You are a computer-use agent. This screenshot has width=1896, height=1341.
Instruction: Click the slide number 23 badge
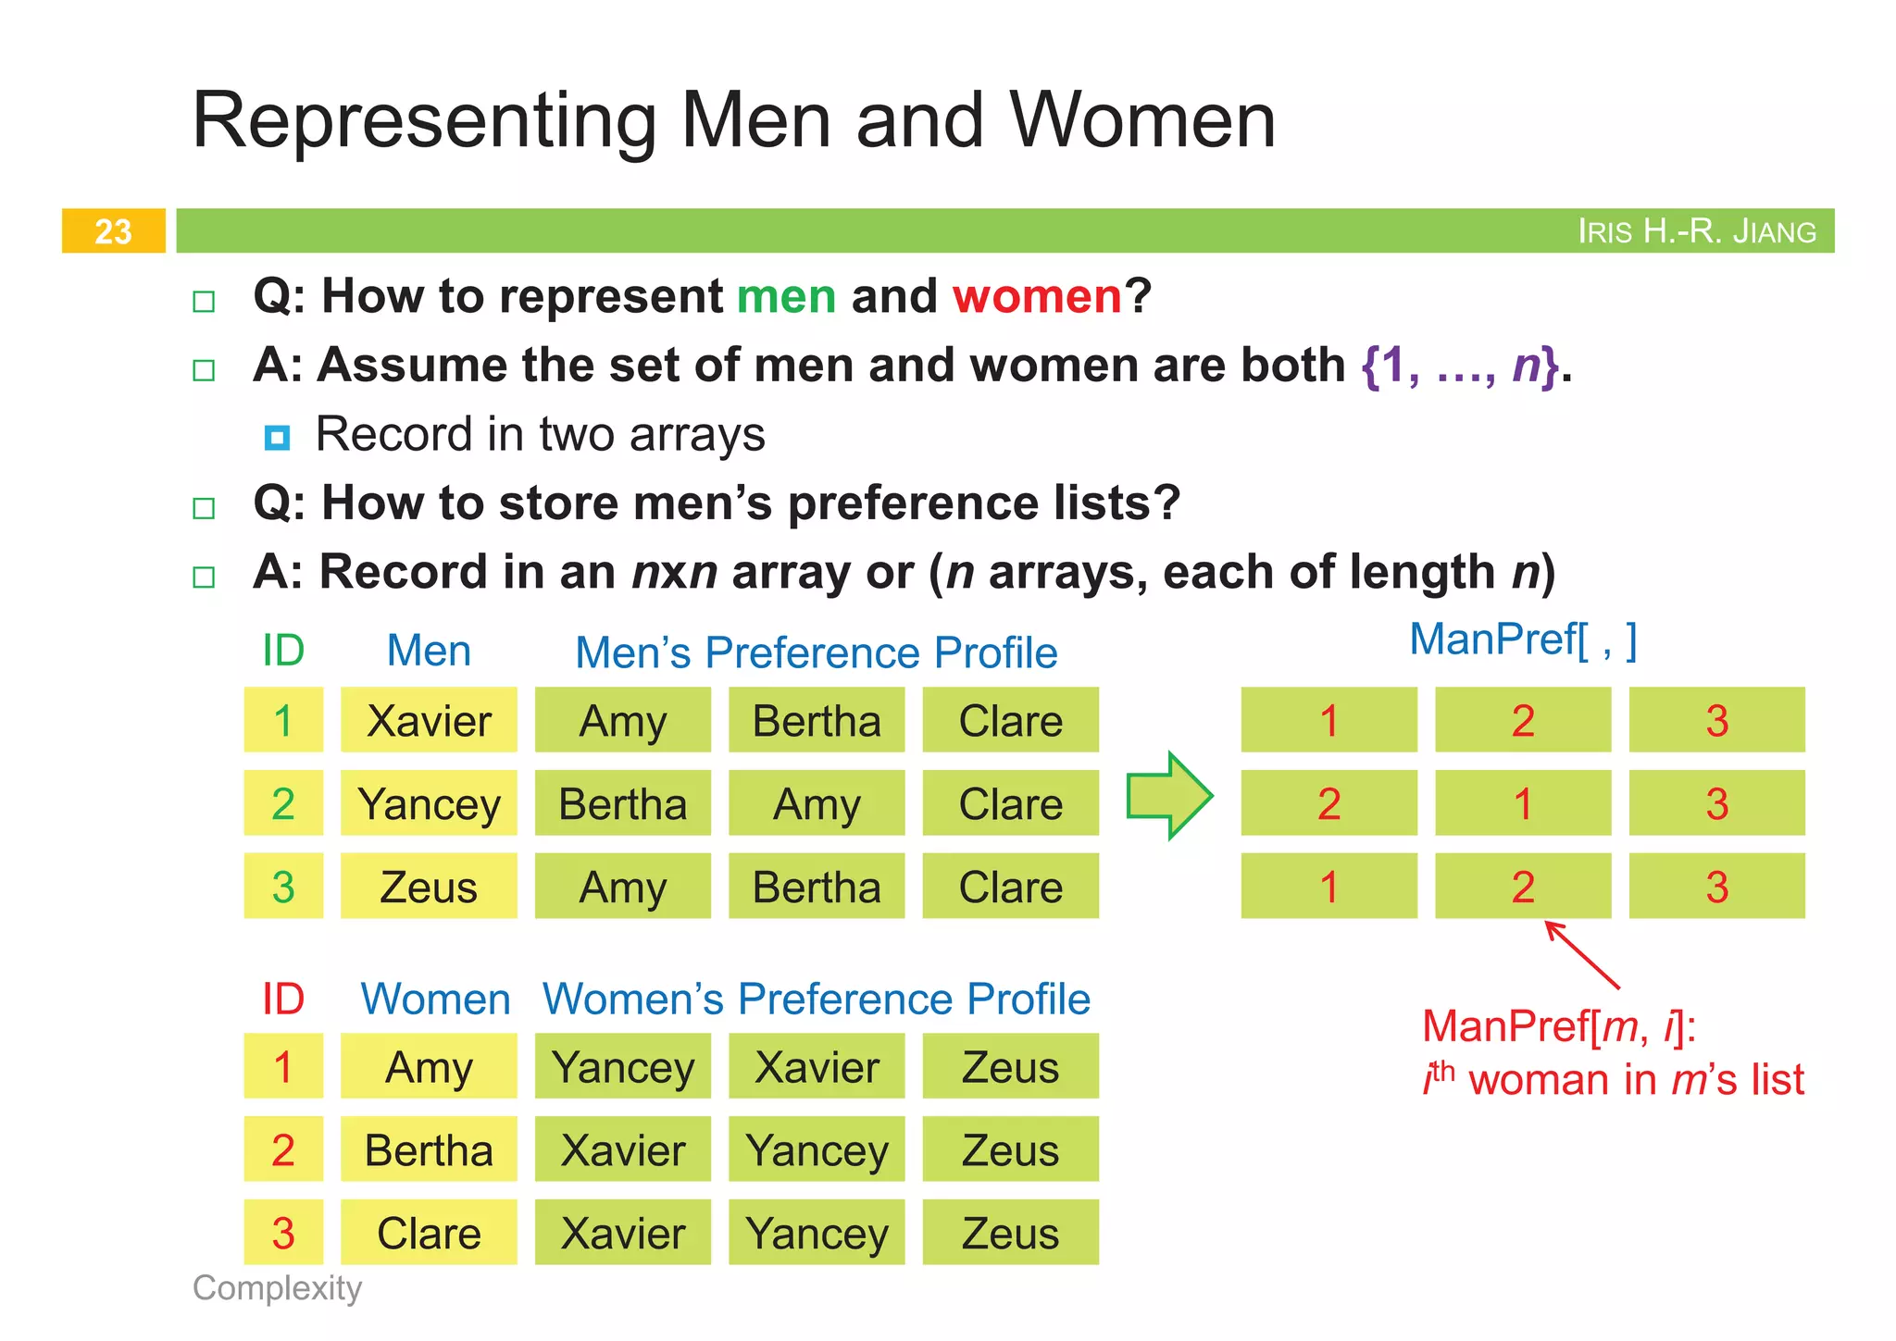pos(113,230)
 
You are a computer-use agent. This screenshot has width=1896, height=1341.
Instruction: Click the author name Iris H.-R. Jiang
pos(1696,230)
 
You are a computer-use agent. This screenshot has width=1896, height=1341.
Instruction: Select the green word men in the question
pos(786,296)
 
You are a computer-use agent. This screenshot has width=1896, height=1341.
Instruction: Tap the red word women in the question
pos(1037,296)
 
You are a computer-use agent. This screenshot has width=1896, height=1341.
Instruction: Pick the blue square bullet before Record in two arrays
pos(277,437)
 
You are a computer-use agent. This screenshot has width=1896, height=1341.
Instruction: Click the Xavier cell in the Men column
pos(429,720)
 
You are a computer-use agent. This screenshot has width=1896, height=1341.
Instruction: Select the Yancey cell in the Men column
pos(429,803)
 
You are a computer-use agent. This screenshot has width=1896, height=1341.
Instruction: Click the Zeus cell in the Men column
pos(429,887)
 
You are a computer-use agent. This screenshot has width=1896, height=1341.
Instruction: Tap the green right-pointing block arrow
pos(1169,796)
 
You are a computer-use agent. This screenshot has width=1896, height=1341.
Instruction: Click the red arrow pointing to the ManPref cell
pos(1582,955)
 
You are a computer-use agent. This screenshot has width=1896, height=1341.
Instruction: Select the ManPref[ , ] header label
pos(1523,639)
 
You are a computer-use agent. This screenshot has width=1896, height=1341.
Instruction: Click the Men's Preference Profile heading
pos(816,652)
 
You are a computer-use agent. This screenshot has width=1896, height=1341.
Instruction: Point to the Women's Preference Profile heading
pos(816,1000)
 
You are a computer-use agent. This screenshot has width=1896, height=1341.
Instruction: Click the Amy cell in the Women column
pos(429,1066)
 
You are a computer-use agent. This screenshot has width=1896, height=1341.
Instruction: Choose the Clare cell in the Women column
pos(429,1233)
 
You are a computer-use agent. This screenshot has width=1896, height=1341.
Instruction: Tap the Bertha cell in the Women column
pos(429,1149)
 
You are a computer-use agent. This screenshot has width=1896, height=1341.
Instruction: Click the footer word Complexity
pos(277,1287)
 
